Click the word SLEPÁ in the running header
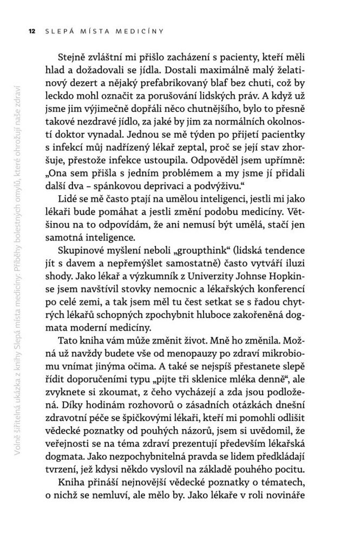point(58,31)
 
